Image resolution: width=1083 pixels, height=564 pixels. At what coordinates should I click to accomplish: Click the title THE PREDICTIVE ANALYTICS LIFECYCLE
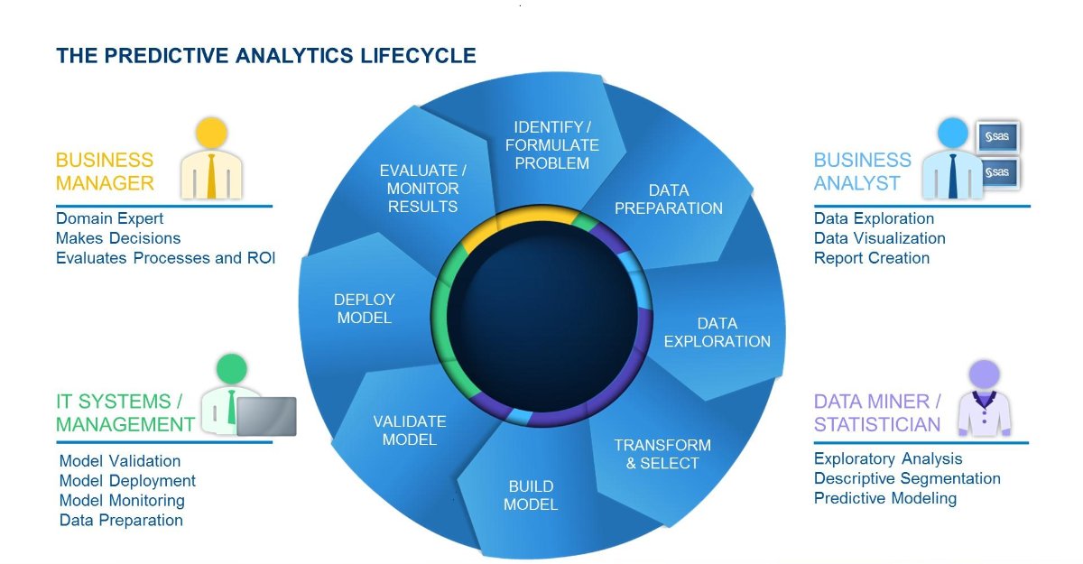pos(266,56)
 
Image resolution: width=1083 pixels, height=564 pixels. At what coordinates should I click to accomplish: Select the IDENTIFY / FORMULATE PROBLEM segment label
pos(551,145)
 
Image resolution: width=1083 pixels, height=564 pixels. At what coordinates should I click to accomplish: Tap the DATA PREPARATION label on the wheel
pos(668,199)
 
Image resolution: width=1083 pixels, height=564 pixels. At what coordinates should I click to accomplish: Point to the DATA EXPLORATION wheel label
pos(717,332)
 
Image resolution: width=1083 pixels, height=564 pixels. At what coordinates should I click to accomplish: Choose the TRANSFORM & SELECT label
pos(662,454)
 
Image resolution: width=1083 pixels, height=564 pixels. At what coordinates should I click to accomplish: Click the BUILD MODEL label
pos(531,495)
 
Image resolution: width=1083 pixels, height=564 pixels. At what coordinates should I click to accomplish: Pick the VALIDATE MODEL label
pos(409,430)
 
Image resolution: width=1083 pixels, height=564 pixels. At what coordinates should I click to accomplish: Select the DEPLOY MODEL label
pos(364,309)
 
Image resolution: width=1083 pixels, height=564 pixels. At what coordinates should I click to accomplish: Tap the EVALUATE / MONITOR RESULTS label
pos(422,189)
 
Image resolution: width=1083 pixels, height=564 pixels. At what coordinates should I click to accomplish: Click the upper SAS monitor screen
pos(999,137)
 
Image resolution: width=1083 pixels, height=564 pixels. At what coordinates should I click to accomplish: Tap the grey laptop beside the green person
pos(266,415)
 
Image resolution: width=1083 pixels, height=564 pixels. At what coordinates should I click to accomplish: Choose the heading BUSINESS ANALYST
pos(862,171)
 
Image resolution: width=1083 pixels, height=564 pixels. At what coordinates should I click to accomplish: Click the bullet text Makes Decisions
pos(118,238)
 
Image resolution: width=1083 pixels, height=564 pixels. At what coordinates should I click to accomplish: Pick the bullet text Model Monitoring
pos(122,501)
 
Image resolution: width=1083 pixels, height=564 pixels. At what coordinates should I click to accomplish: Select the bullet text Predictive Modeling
pos(884,498)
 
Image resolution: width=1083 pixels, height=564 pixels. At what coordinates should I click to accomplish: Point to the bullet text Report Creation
pos(871,258)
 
